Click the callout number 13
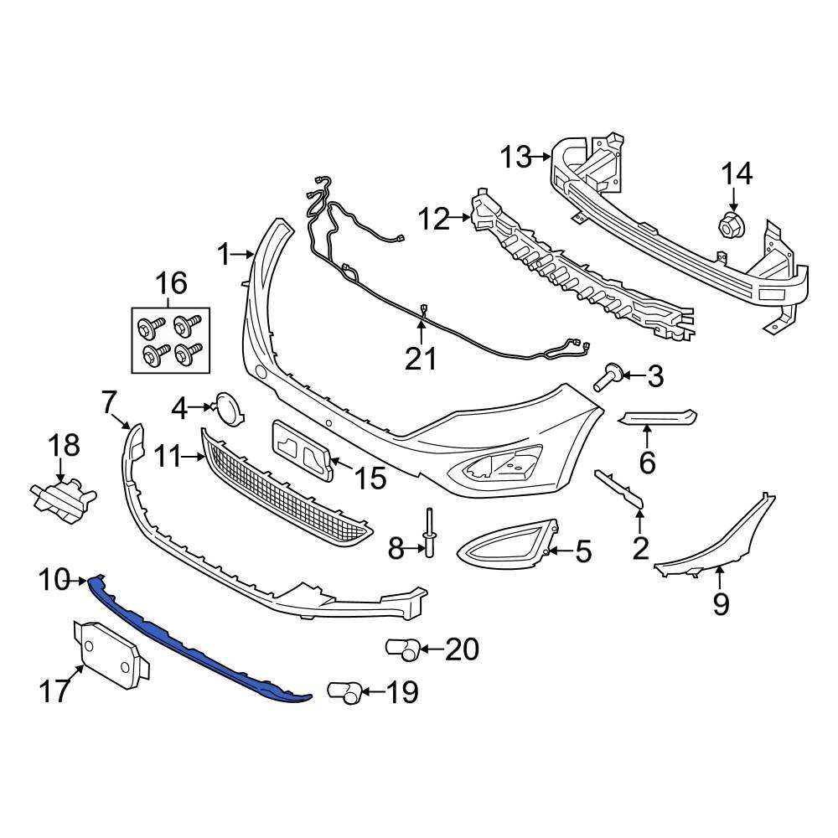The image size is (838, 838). pos(516,157)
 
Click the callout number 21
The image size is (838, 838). pos(422,359)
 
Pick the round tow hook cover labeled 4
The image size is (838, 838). pos(227,407)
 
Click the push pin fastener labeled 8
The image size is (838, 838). pos(430,535)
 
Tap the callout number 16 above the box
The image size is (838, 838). pos(170,285)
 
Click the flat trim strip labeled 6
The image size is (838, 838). pos(658,417)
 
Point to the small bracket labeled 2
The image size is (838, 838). pos(621,489)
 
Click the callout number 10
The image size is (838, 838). pos(55,578)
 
